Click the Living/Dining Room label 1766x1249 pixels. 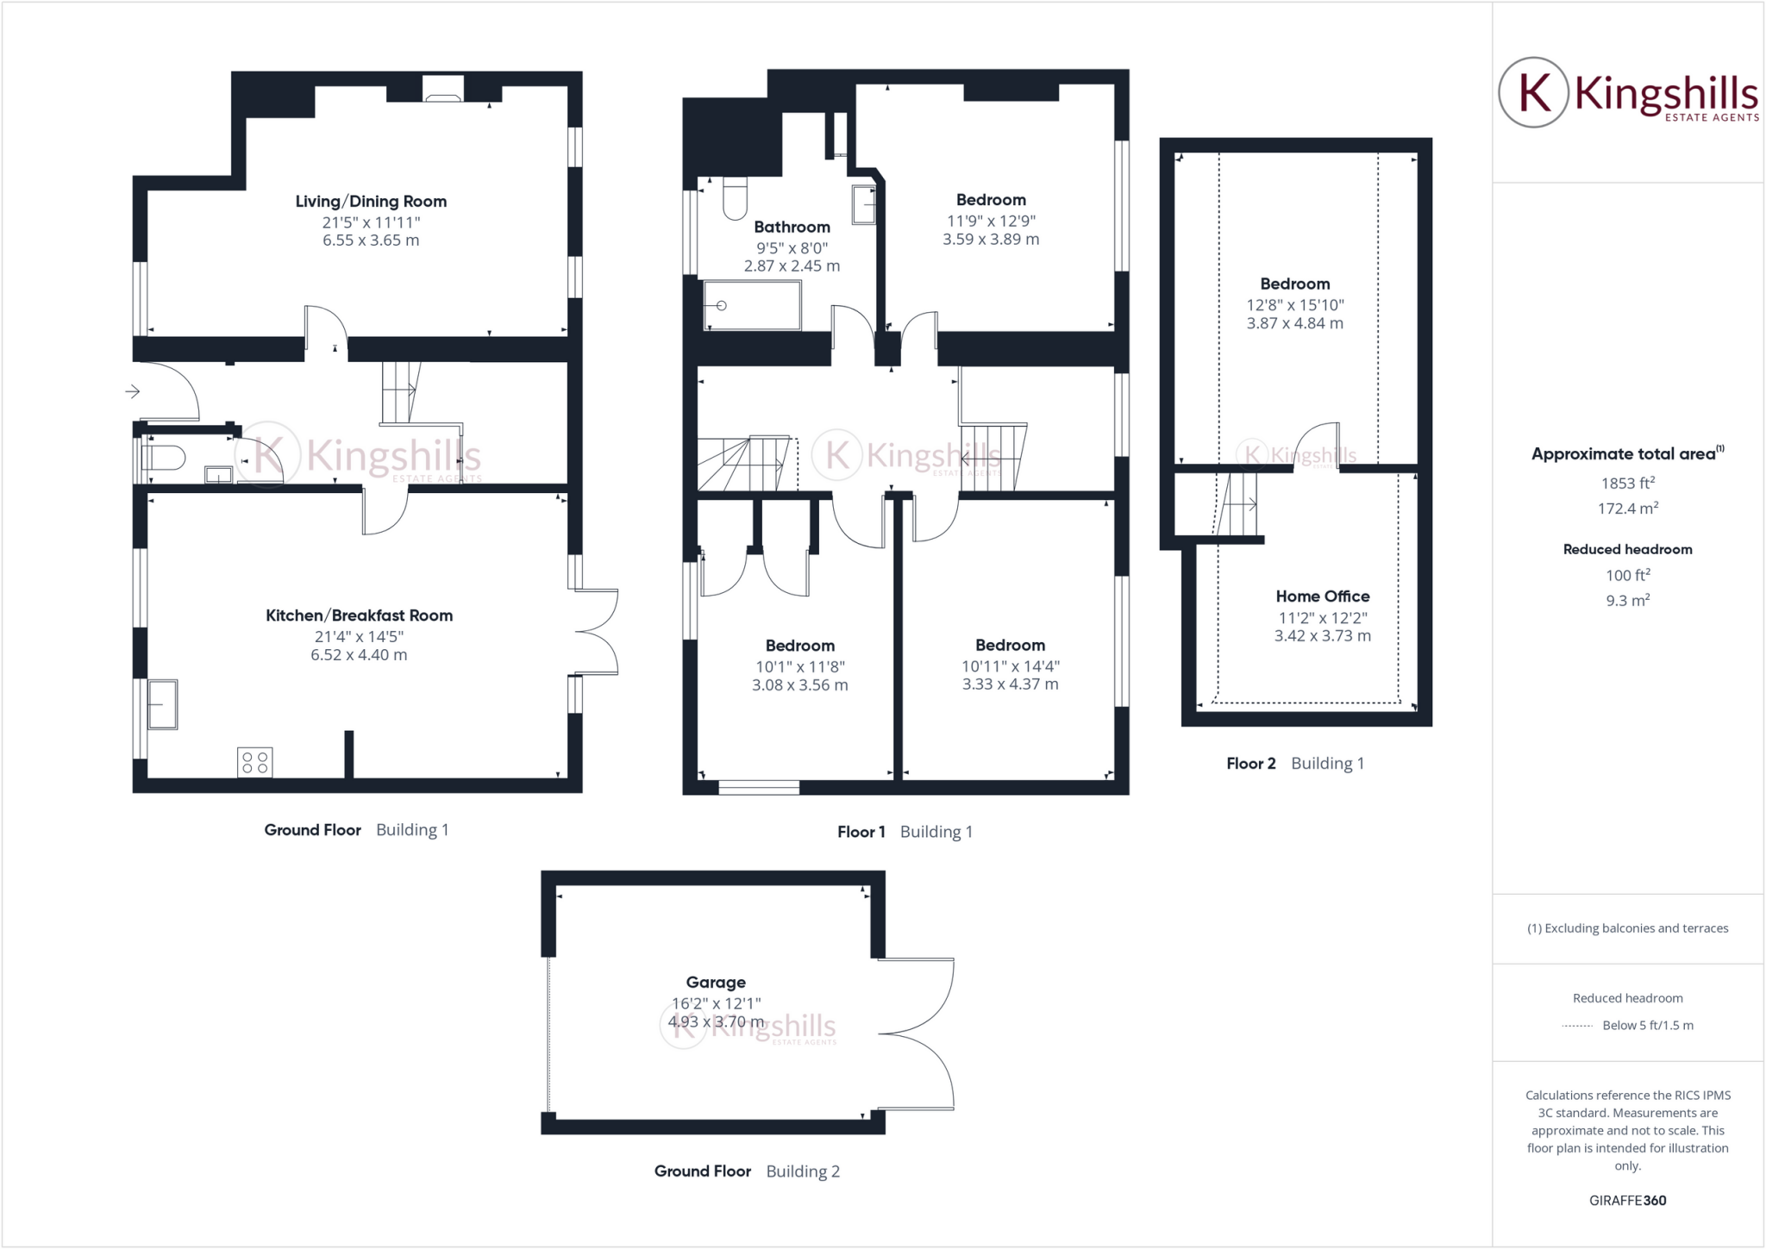point(371,202)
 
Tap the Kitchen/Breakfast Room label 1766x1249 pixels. point(359,615)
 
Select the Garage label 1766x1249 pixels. point(716,982)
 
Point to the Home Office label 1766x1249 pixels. point(1322,596)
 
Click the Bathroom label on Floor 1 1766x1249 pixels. point(792,228)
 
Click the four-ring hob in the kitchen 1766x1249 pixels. point(254,762)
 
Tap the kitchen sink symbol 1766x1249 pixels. point(162,704)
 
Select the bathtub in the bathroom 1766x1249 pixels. point(752,305)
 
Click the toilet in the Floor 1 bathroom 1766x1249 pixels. point(735,198)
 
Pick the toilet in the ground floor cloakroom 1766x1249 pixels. point(165,458)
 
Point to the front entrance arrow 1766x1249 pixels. point(132,392)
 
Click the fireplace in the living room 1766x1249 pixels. point(443,89)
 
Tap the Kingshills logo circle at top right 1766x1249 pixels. point(1533,92)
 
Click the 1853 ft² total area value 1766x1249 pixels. point(1627,484)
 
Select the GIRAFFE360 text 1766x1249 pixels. point(1627,1200)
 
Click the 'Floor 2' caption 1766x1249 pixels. point(1250,764)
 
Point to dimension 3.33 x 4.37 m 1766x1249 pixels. point(1010,684)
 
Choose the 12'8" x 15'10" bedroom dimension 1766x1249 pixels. point(1294,305)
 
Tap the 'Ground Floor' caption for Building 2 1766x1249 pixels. point(702,1171)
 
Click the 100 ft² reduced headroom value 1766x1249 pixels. point(1627,575)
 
